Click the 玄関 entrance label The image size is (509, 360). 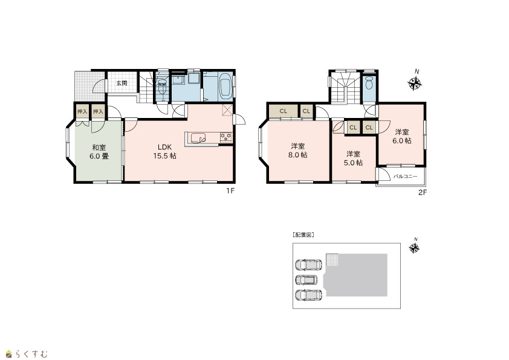[122, 83]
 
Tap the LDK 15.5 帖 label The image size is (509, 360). [164, 151]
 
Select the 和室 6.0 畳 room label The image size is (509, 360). [99, 152]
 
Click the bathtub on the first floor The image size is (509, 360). [225, 85]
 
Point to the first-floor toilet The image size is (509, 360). [161, 87]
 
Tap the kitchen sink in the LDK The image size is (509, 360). [198, 139]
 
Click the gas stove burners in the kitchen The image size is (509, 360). [226, 137]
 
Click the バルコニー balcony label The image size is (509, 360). [406, 177]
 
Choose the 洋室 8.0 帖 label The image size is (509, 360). [298, 151]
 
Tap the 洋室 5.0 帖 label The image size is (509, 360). [353, 159]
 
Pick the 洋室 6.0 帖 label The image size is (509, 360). [402, 137]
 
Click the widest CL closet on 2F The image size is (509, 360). [284, 111]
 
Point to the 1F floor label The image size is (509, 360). [230, 191]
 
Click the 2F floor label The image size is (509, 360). [423, 192]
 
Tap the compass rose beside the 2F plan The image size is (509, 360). [415, 83]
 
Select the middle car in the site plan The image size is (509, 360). [306, 280]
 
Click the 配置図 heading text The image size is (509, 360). [303, 235]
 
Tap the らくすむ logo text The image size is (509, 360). [31, 353]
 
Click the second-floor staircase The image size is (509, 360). [345, 87]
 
